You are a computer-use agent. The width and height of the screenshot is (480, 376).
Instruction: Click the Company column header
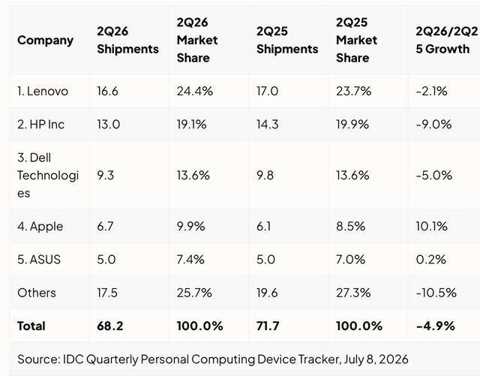point(45,41)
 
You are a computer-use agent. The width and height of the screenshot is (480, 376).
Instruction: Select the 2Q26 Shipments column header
point(127,40)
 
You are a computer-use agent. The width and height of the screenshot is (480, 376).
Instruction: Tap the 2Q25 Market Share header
point(356,40)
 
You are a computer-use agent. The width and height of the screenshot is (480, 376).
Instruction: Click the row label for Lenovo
point(43,92)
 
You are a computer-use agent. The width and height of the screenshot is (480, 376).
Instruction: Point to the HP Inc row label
point(40,125)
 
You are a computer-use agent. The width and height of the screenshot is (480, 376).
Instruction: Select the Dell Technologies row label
point(48,176)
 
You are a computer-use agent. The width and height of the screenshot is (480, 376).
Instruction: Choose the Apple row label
point(40,227)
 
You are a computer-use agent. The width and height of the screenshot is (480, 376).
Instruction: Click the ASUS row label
point(39,260)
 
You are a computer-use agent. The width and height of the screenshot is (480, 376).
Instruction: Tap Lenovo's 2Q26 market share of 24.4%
point(195,92)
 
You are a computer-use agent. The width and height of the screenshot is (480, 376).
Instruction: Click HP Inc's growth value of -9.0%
point(433,125)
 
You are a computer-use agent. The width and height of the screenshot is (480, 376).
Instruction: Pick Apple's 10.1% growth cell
point(432,227)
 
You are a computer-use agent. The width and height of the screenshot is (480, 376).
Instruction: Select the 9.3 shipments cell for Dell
point(105,176)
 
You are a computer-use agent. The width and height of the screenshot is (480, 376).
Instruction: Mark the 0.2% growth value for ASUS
point(430,260)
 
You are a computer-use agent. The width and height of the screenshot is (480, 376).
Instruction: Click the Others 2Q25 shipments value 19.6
point(267,293)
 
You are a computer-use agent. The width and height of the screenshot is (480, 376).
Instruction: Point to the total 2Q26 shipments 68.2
point(110,326)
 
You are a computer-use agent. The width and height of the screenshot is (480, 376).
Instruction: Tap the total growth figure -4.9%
point(435,326)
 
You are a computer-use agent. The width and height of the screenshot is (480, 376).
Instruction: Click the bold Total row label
point(31,326)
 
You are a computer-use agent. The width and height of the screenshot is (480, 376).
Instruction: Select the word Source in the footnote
point(39,359)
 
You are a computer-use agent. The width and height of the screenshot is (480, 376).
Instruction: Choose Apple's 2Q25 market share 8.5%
point(350,227)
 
